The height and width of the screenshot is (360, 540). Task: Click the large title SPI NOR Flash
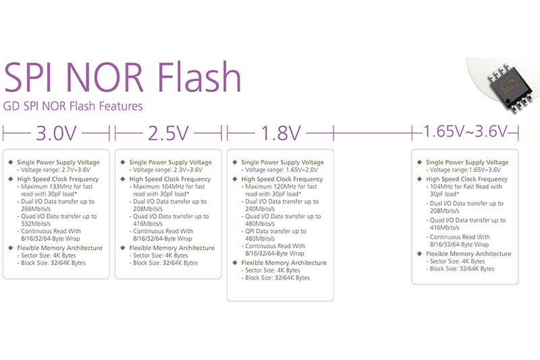tap(122, 76)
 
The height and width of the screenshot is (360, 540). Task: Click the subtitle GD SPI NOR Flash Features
tap(73, 106)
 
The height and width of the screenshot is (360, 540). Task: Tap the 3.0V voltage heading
tap(56, 133)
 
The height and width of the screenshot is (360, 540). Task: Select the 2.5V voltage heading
tap(168, 133)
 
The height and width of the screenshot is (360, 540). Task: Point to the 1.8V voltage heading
tap(281, 133)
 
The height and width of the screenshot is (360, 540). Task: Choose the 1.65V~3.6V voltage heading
tap(465, 131)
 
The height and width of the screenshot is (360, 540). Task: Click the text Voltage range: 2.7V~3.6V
tap(55, 170)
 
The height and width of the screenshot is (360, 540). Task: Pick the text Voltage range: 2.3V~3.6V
tap(167, 170)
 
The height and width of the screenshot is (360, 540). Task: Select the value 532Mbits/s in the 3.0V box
tap(36, 224)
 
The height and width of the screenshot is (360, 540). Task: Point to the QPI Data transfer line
tap(275, 231)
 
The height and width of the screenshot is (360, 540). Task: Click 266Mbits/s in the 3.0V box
tap(36, 209)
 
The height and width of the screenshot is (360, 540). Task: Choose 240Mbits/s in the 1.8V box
tap(260, 209)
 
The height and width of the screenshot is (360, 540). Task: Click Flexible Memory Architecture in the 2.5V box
tap(172, 248)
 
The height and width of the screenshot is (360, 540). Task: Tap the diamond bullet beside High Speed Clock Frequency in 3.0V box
tap(11, 179)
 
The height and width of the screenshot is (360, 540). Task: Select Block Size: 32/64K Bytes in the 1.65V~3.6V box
tap(462, 269)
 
